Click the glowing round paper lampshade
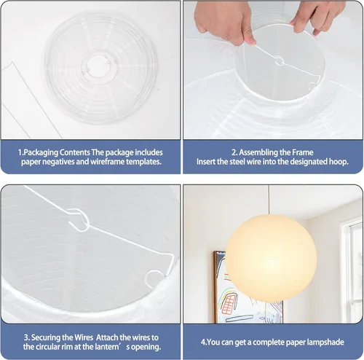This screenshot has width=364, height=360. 271,258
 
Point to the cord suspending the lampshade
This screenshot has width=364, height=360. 269,200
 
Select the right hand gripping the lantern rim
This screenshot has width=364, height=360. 317,17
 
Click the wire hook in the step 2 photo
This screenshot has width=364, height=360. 280,60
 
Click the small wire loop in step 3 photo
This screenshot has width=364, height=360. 154,278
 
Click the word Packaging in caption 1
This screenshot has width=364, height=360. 41,152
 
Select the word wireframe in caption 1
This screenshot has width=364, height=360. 107,162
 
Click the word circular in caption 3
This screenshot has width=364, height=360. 47,347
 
